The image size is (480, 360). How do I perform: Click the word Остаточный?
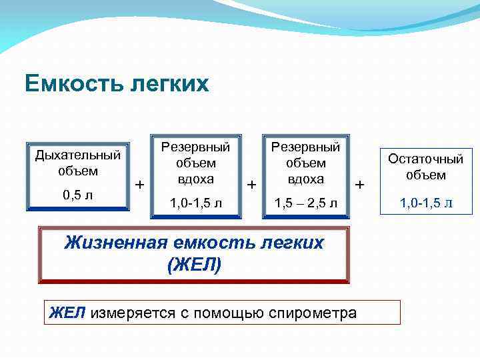click(x=425, y=160)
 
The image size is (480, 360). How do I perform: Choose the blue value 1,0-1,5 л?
click(x=425, y=202)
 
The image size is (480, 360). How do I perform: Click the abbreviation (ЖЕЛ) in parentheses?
click(x=194, y=264)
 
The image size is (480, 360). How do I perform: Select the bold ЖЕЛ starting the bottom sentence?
click(x=68, y=312)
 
